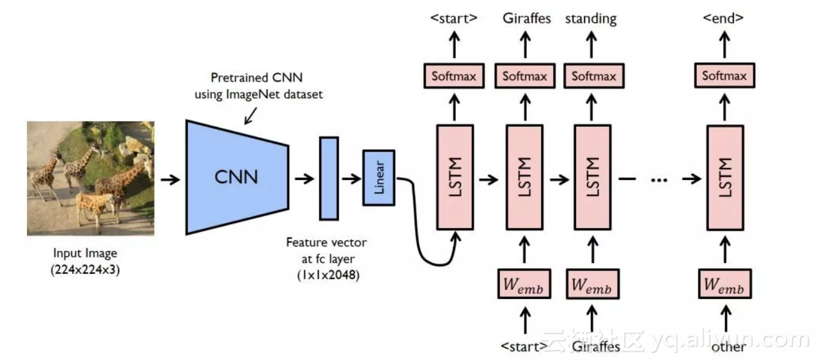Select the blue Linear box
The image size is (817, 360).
point(379,178)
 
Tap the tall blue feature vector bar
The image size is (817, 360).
point(328,178)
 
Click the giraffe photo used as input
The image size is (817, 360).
point(90,178)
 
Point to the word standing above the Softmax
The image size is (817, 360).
point(591,18)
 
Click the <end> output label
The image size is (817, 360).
point(724,18)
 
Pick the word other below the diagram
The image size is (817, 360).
point(728,347)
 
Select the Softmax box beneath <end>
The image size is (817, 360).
point(724,76)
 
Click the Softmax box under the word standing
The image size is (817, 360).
point(594,76)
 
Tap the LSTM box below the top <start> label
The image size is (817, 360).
point(455,177)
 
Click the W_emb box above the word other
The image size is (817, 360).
point(724,284)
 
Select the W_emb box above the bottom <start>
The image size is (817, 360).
point(524,284)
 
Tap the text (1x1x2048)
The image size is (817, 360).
point(326,275)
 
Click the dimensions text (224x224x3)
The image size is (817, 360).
point(85,269)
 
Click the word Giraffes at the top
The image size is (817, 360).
point(527,18)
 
